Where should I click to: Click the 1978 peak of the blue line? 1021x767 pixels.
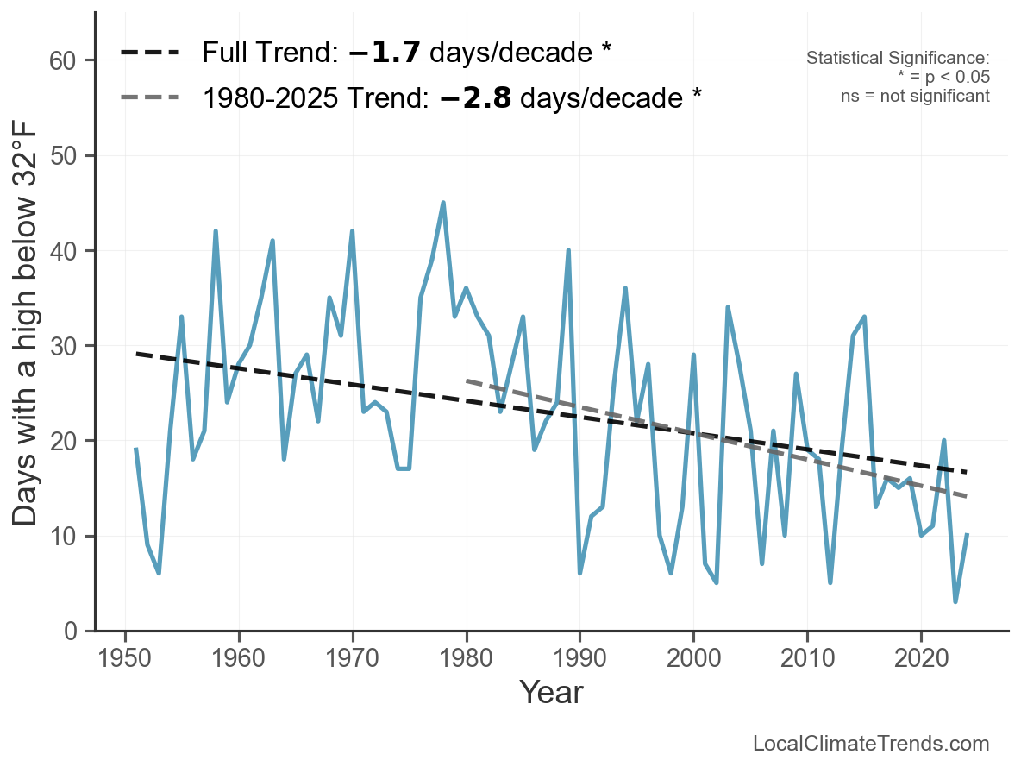443,203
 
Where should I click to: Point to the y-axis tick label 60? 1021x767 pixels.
62,60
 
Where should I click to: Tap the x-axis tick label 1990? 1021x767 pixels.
579,657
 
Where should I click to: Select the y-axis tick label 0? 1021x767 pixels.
71,632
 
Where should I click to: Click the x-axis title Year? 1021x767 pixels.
552,692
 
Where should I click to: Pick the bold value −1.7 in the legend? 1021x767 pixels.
385,52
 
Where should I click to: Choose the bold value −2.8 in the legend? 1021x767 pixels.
475,97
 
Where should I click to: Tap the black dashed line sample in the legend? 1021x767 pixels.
150,52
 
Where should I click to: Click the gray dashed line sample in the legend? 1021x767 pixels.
150,97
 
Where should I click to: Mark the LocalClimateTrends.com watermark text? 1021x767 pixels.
871,743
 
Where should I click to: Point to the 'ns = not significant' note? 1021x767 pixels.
915,96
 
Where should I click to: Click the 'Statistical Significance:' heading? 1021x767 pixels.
898,57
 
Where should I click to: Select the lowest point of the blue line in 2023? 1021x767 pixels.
955,600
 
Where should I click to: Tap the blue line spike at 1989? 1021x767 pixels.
568,250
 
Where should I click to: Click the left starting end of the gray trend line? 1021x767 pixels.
467,380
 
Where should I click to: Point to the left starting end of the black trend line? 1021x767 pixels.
136,353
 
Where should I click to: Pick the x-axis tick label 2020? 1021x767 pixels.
921,657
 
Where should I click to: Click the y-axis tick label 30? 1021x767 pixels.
62,346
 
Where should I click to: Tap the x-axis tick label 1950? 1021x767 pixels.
125,657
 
